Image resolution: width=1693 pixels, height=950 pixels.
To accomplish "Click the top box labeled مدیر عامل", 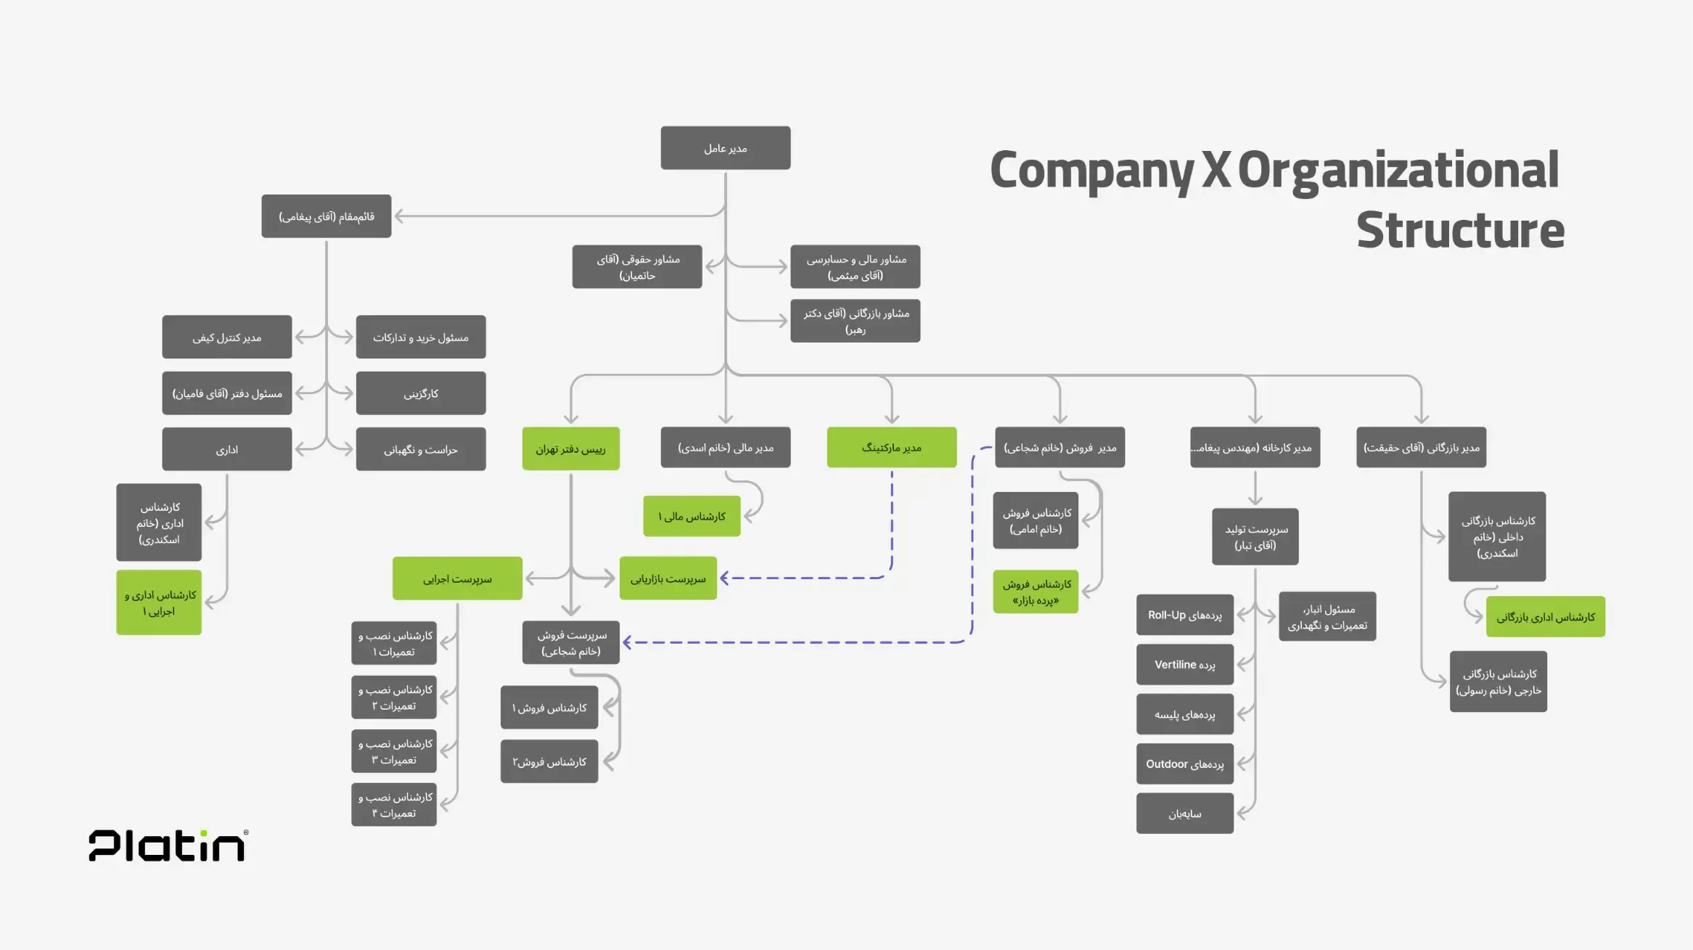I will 725,148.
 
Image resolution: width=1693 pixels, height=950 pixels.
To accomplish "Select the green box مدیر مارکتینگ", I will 891,447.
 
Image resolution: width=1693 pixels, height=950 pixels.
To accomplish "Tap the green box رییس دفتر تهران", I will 570,449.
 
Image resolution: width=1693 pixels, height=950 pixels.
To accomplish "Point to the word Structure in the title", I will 1459,230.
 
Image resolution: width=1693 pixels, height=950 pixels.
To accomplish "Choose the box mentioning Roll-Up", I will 1184,615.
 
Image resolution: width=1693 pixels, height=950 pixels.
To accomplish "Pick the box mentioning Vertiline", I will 1184,665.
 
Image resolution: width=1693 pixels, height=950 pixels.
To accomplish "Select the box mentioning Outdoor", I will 1184,764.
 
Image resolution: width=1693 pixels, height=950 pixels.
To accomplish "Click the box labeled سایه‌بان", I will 1184,814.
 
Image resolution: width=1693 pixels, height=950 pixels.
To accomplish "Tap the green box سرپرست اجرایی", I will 457,578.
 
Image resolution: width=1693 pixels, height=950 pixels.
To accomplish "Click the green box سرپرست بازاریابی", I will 668,578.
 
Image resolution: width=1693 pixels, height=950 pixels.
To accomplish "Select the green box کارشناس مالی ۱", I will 692,516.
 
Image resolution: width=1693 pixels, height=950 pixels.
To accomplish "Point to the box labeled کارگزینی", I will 421,393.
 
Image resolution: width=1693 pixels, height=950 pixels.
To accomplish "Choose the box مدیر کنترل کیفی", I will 226,337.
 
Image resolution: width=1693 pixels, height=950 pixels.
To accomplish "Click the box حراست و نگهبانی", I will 421,449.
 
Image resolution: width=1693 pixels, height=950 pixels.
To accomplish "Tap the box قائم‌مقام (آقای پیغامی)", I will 326,216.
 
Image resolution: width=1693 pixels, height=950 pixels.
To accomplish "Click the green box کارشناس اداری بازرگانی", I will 1545,617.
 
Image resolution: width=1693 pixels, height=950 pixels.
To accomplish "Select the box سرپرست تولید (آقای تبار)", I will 1255,537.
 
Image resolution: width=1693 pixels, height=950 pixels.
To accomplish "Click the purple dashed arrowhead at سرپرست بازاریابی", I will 724,578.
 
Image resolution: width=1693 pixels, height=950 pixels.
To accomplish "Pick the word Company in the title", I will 1091,170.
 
